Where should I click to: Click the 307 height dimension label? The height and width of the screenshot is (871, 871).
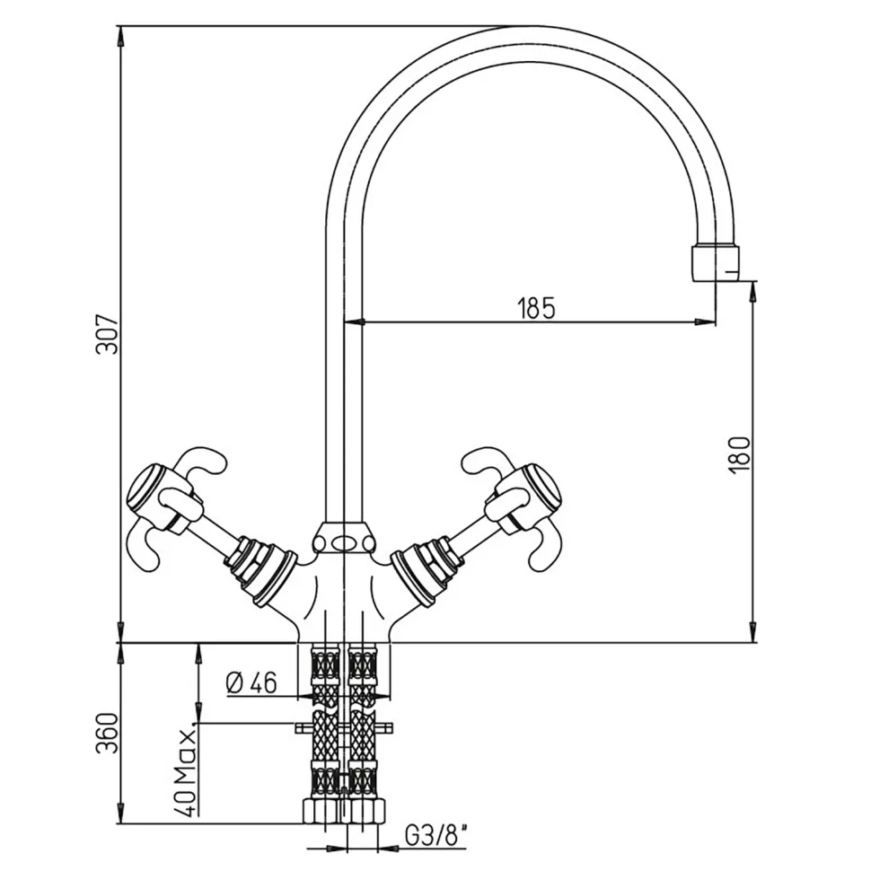click(107, 334)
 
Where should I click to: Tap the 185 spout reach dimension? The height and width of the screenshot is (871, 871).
click(537, 308)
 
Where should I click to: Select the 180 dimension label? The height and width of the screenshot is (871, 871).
click(739, 454)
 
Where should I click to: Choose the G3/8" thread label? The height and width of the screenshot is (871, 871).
click(436, 836)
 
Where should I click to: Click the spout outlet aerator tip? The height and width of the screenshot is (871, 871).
click(716, 262)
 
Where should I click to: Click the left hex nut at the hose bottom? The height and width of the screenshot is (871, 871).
click(321, 809)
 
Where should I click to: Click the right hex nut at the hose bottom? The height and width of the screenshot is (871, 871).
click(366, 809)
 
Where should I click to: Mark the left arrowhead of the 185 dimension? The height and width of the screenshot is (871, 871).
click(352, 321)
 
